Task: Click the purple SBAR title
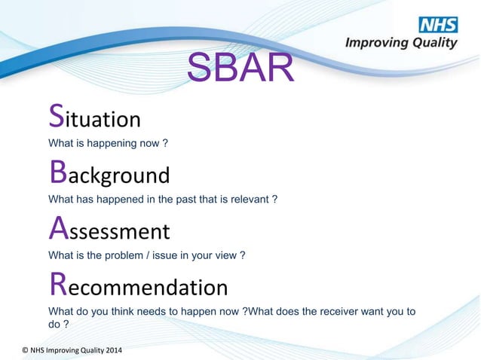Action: [x=240, y=69]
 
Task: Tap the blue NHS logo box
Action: [x=437, y=24]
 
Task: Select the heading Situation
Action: [x=94, y=117]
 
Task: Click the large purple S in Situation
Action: [x=56, y=116]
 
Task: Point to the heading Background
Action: [x=109, y=174]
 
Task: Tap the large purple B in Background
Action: [x=57, y=172]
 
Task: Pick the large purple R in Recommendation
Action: [x=57, y=284]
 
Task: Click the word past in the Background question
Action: [x=184, y=200]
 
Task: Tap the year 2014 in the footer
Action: [x=110, y=350]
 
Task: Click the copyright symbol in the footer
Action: [x=25, y=350]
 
